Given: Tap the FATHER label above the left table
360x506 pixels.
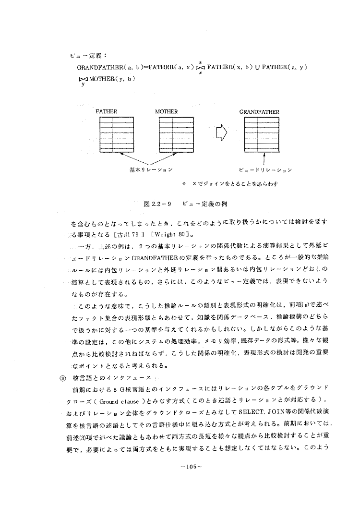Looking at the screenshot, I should (107, 111).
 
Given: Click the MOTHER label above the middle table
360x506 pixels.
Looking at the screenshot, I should (167, 111).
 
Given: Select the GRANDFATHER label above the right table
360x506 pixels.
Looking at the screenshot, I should (259, 111).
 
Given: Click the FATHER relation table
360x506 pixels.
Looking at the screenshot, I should (113, 134).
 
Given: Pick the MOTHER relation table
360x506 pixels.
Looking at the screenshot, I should (172, 134).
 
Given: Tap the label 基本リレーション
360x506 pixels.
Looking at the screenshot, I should (151, 169).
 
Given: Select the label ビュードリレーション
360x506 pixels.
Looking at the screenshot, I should (265, 169).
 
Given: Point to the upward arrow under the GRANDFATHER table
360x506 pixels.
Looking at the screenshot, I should (264, 157).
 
